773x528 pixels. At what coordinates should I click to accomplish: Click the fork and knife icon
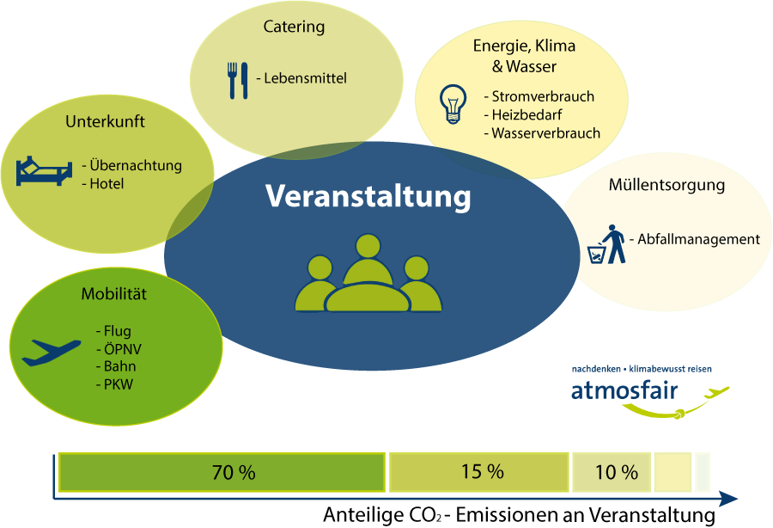click(x=238, y=81)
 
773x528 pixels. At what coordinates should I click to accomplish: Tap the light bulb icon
click(x=453, y=104)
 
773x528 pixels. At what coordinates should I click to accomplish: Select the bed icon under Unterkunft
click(x=44, y=171)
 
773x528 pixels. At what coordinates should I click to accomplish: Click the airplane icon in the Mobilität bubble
click(x=52, y=353)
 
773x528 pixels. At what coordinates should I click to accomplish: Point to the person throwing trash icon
click(x=606, y=244)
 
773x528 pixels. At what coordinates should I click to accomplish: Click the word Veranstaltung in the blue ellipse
click(x=368, y=196)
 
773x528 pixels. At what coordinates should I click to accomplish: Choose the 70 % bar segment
click(x=222, y=472)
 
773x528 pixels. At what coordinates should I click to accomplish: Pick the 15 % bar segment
click(x=478, y=472)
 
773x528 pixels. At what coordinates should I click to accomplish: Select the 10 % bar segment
click(x=612, y=472)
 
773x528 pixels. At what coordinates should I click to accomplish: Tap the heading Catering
click(x=294, y=26)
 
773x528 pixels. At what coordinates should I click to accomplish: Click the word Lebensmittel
click(x=305, y=78)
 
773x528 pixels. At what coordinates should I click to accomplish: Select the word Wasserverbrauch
click(x=545, y=133)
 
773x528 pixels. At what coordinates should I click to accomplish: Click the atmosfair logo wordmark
click(x=624, y=390)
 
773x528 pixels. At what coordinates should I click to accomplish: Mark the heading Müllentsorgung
click(x=666, y=185)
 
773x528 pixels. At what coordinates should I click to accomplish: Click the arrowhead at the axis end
click(x=728, y=499)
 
